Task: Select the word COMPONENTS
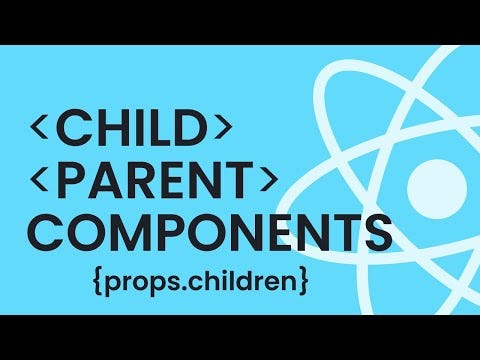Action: (206, 232)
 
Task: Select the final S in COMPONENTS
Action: (374, 232)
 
